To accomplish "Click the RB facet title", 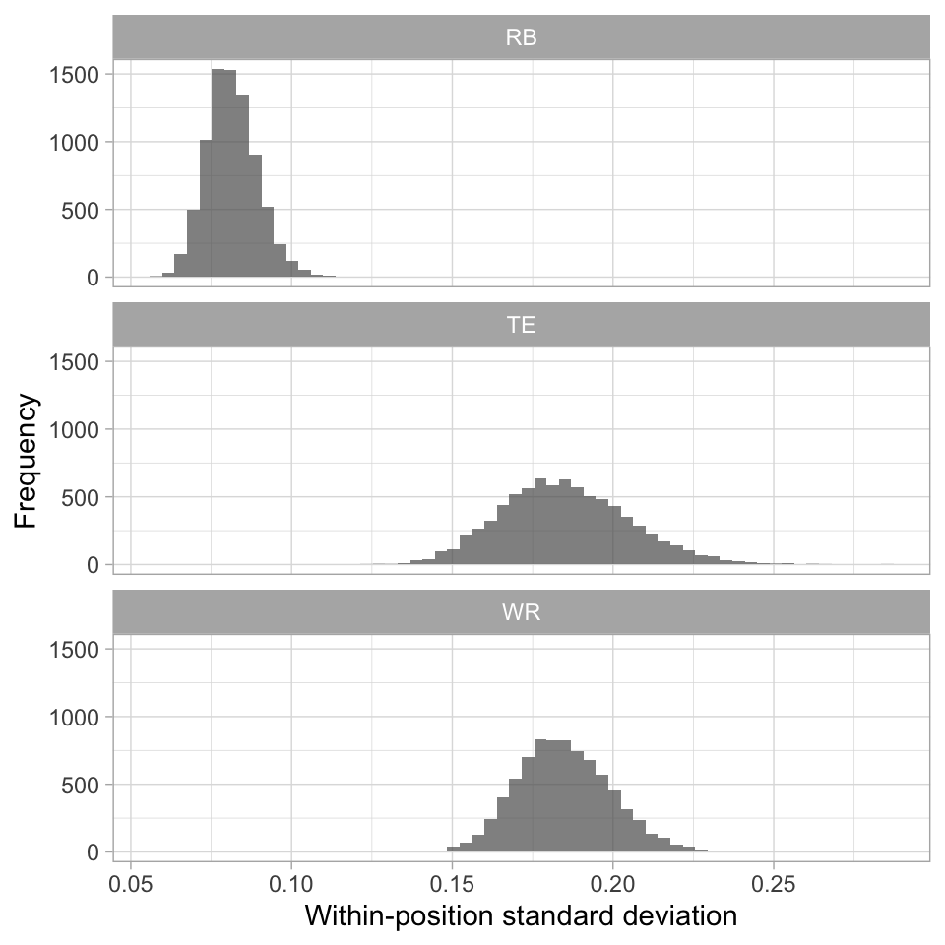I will pyautogui.click(x=521, y=38).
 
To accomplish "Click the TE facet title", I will pyautogui.click(x=521, y=326).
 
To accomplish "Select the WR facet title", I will pyautogui.click(x=521, y=613).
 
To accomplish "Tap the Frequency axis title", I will pyautogui.click(x=27, y=461).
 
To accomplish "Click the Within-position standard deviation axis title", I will pyautogui.click(x=521, y=915).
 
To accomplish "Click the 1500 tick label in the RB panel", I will pyautogui.click(x=75, y=75).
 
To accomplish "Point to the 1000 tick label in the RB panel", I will pyautogui.click(x=75, y=142).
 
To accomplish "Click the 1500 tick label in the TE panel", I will pyautogui.click(x=75, y=362).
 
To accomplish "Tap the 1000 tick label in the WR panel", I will pyautogui.click(x=75, y=718).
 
